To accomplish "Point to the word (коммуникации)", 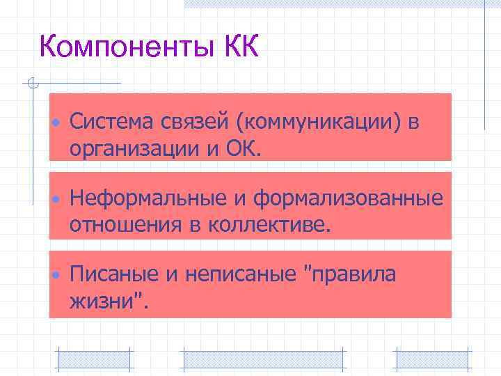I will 319,123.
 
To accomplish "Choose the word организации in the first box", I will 127,148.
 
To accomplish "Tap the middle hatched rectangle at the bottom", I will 262,358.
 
